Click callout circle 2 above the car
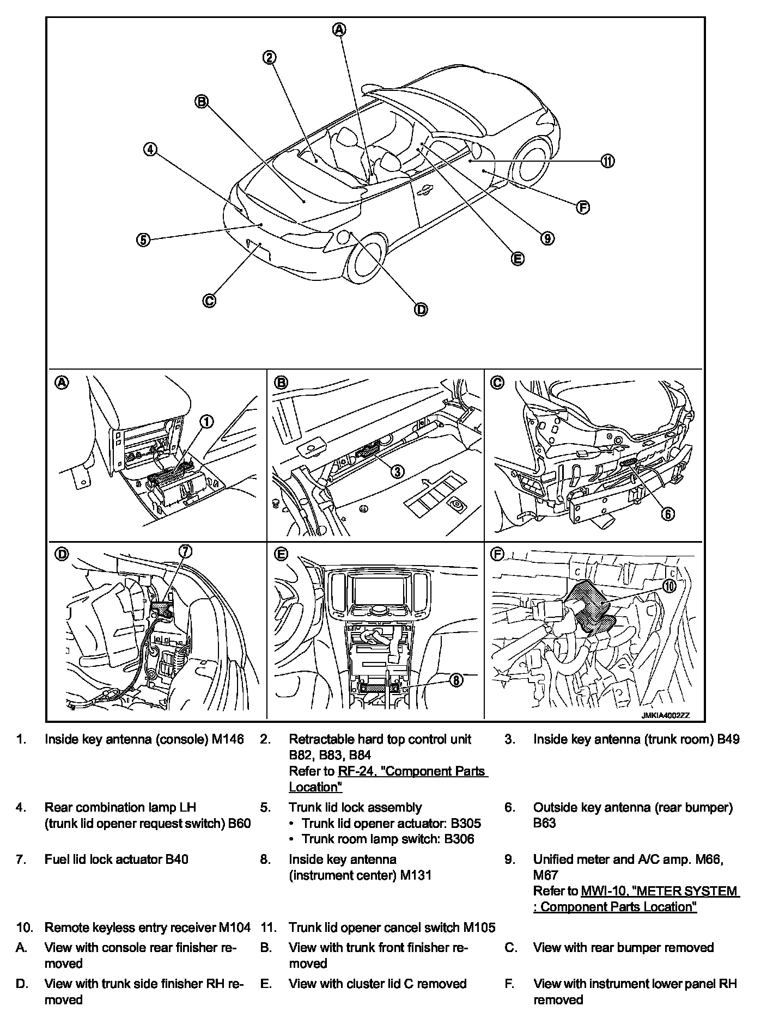[x=270, y=57]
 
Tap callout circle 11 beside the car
[x=607, y=161]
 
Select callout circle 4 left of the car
[x=150, y=149]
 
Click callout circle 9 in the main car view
[x=547, y=238]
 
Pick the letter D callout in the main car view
[x=421, y=309]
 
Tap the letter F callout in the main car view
[x=583, y=207]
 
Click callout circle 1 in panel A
[x=206, y=421]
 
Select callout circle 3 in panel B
[x=398, y=471]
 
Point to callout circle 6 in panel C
[x=668, y=513]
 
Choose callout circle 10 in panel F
[x=669, y=585]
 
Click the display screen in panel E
[x=376, y=588]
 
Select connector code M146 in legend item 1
[x=228, y=739]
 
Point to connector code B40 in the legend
[x=176, y=859]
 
